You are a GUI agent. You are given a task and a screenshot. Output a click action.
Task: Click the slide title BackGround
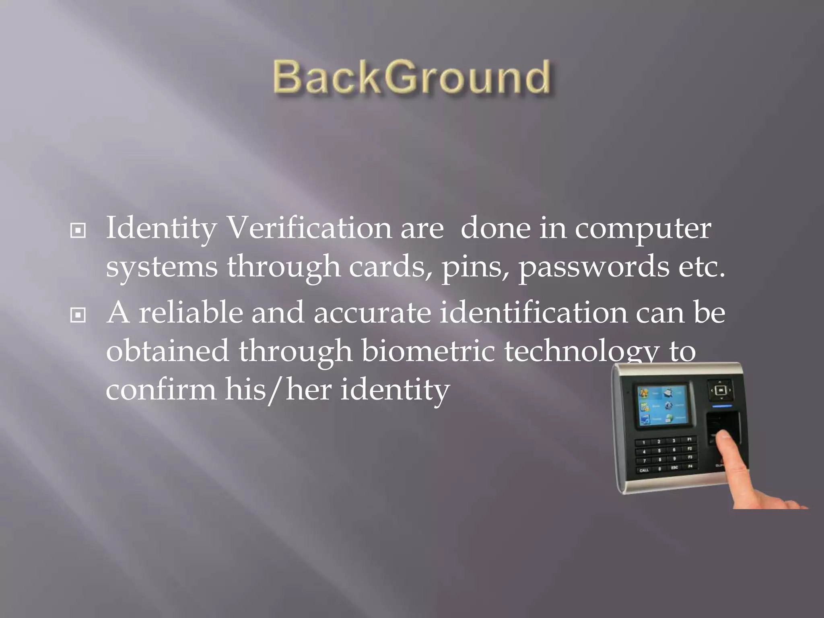tap(412, 77)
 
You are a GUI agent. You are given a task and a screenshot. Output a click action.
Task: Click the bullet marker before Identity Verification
tap(78, 231)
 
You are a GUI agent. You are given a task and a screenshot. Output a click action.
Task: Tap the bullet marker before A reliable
tap(78, 315)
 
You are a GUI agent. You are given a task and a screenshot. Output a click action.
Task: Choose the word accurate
tap(372, 312)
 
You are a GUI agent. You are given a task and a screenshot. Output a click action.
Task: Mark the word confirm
tap(161, 390)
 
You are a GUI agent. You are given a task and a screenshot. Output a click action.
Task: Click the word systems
tap(162, 267)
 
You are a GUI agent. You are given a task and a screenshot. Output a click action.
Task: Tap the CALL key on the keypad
tap(644, 470)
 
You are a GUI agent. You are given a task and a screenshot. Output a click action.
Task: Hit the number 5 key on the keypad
tap(659, 451)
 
